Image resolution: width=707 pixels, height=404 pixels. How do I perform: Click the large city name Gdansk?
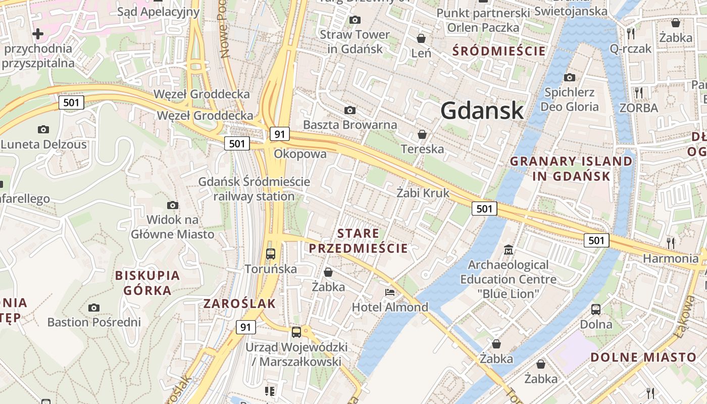(482, 110)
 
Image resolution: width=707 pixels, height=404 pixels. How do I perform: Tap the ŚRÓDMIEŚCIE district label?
(499, 51)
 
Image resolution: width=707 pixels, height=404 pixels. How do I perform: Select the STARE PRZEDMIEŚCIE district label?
(358, 241)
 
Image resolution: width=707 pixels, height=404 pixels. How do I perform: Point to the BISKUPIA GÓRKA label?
(147, 283)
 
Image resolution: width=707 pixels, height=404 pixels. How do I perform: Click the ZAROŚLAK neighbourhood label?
(239, 304)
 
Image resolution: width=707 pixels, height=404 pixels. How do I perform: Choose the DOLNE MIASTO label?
(643, 357)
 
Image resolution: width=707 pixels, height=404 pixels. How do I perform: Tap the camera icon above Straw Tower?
(355, 20)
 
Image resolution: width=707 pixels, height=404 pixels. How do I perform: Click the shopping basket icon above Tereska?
(422, 134)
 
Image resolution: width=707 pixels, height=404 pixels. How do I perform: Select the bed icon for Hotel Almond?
(389, 292)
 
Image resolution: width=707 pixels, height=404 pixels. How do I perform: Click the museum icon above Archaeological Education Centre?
(508, 249)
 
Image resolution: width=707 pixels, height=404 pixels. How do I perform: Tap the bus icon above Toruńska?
(271, 254)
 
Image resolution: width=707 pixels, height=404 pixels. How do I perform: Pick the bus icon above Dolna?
(596, 309)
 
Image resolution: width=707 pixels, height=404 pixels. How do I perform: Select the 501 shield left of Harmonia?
(596, 240)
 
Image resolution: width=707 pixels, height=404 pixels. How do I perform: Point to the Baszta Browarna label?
(349, 124)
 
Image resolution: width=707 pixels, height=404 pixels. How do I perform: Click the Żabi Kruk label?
(423, 192)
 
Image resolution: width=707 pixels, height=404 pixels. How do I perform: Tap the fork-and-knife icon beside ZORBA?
(639, 92)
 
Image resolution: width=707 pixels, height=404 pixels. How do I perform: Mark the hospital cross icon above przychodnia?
(38, 34)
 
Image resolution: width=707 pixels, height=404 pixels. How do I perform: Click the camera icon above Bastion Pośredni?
(93, 308)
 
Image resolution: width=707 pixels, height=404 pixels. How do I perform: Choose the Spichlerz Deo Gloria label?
(569, 99)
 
